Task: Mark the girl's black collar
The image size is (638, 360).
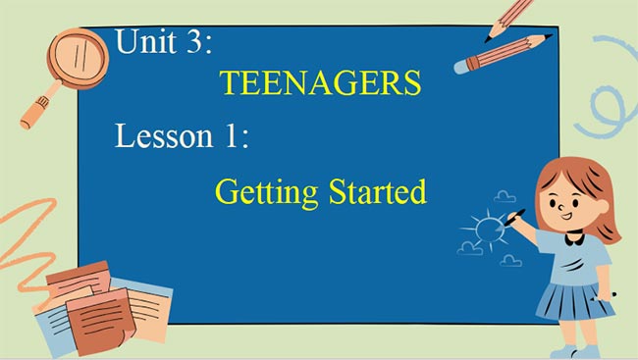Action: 573,233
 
